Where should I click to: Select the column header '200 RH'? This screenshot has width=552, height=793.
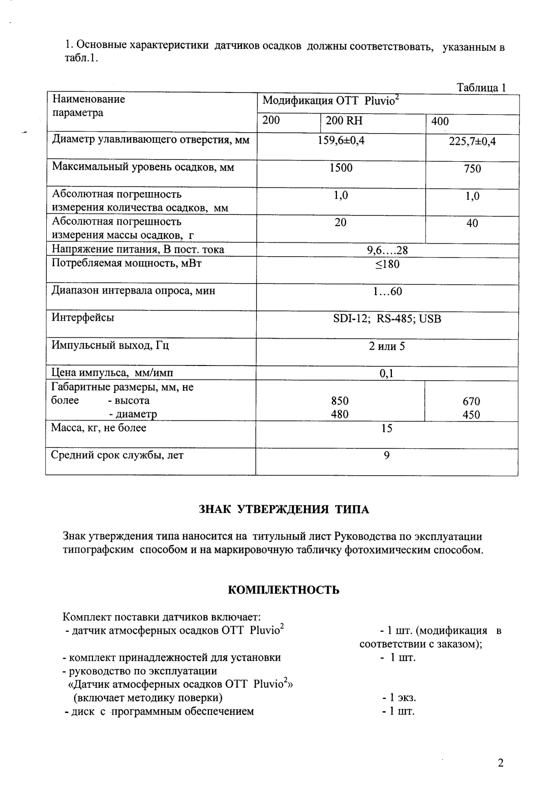pyautogui.click(x=344, y=121)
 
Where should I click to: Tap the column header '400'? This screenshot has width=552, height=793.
pyautogui.click(x=440, y=121)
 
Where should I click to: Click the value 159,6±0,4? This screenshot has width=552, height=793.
pyautogui.click(x=341, y=141)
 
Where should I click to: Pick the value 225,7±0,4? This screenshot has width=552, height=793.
pyautogui.click(x=472, y=142)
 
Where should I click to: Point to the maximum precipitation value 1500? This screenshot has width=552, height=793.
pyautogui.click(x=341, y=168)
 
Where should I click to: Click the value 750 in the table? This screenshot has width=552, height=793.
pyautogui.click(x=472, y=169)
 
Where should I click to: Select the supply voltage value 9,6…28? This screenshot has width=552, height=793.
pyautogui.click(x=387, y=250)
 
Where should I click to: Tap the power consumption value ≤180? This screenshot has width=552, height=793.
pyautogui.click(x=387, y=264)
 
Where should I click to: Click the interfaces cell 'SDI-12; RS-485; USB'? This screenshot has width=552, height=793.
pyautogui.click(x=387, y=319)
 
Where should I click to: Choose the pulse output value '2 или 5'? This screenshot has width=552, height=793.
pyautogui.click(x=387, y=347)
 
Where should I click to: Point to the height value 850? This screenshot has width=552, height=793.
pyautogui.click(x=340, y=401)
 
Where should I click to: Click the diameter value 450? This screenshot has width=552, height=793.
pyautogui.click(x=472, y=415)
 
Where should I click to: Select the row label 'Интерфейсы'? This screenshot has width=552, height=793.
pyautogui.click(x=83, y=318)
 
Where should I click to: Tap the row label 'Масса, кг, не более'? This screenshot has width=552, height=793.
pyautogui.click(x=99, y=428)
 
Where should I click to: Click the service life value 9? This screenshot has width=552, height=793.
pyautogui.click(x=387, y=455)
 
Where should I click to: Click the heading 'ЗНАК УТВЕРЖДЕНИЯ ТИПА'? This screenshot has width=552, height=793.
pyautogui.click(x=284, y=509)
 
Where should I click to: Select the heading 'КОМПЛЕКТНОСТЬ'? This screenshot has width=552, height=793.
pyautogui.click(x=283, y=590)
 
